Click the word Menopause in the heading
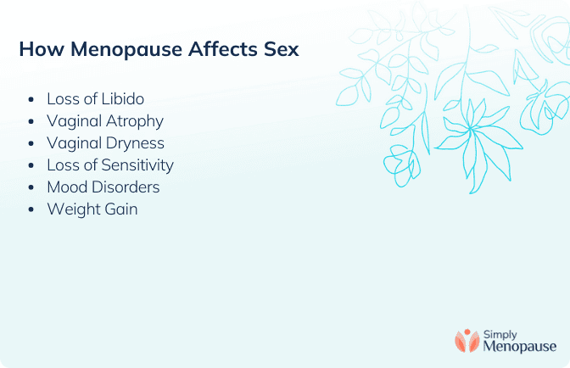(x=126, y=50)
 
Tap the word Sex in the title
(x=282, y=49)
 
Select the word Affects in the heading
(x=223, y=49)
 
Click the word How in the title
(x=42, y=49)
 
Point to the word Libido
(x=122, y=99)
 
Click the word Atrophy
(x=135, y=122)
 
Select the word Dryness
(x=135, y=144)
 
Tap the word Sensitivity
(x=137, y=165)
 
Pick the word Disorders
(x=126, y=187)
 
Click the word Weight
(x=74, y=210)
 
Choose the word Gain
(x=121, y=209)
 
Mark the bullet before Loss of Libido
(x=31, y=99)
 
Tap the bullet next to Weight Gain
(x=31, y=209)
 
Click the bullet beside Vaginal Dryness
(x=31, y=143)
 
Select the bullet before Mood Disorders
(x=31, y=187)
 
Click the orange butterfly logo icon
(x=467, y=341)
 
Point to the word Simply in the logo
(x=500, y=335)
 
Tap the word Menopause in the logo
(x=519, y=346)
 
